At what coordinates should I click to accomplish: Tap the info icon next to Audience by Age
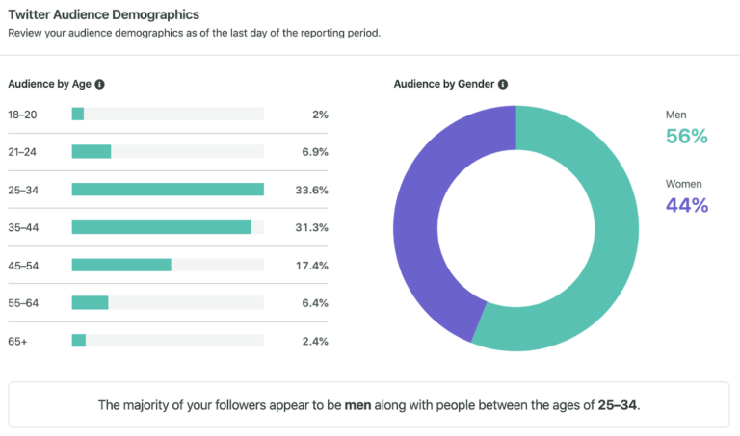click(x=100, y=84)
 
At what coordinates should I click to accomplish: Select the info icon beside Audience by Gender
click(x=503, y=84)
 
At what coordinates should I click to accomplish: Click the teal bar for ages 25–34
click(x=168, y=190)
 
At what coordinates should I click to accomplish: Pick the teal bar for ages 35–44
click(x=161, y=227)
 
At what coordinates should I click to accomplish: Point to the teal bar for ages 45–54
click(x=121, y=265)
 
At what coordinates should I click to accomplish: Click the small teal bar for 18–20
click(x=78, y=115)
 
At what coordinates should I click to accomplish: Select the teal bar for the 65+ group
click(x=79, y=340)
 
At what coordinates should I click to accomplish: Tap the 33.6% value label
click(x=311, y=190)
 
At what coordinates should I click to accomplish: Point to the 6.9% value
click(x=314, y=152)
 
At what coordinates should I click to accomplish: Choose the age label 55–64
click(x=23, y=302)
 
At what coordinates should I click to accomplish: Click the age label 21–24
click(x=22, y=152)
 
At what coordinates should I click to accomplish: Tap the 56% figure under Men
click(x=686, y=137)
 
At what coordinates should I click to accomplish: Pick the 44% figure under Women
click(x=686, y=205)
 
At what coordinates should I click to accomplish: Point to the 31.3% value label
click(x=311, y=227)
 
